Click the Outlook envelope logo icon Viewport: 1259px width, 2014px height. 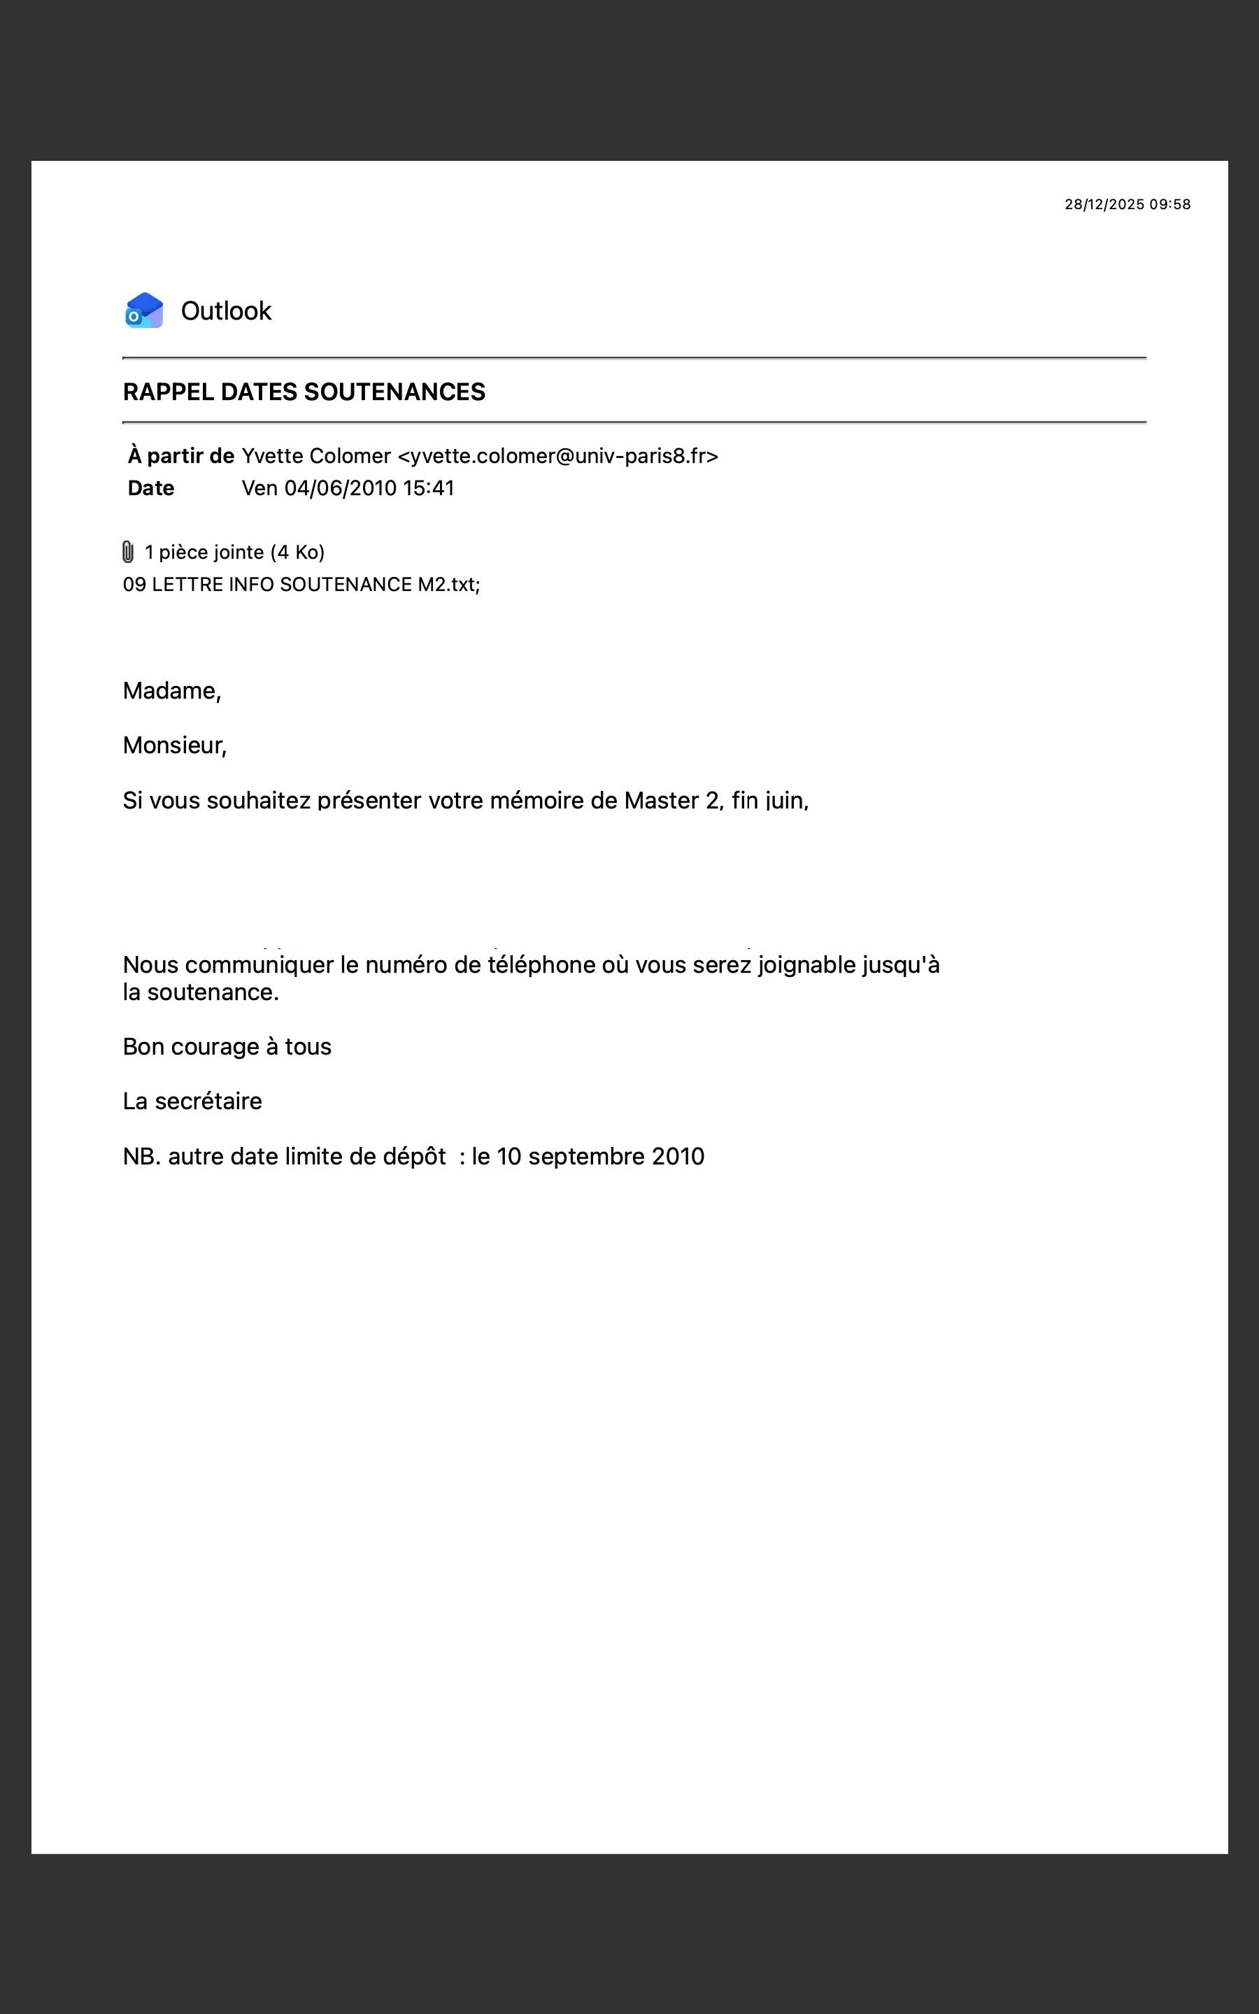(144, 310)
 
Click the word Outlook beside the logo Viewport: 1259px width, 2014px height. (226, 310)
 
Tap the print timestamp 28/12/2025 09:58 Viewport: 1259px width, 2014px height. (1127, 204)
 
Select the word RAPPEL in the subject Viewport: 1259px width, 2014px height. (168, 392)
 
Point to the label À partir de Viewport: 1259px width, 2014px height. (180, 456)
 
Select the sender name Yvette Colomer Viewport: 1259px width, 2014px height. (315, 456)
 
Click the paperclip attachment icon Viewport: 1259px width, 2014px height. (127, 552)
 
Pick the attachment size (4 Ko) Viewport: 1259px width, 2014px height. (297, 552)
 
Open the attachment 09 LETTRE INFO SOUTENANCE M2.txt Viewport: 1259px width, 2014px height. (301, 584)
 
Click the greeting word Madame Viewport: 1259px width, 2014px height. (171, 691)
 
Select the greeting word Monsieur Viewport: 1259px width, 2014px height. (173, 745)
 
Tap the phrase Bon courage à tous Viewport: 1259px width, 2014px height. (227, 1046)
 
